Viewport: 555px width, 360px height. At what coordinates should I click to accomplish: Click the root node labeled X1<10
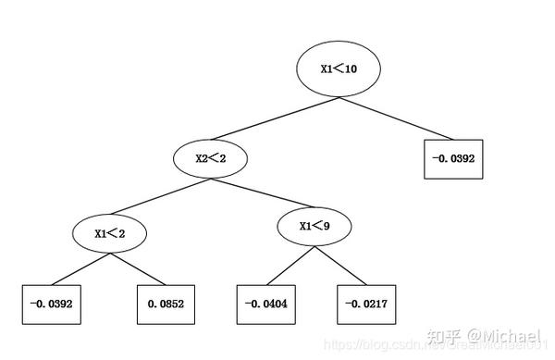click(x=339, y=68)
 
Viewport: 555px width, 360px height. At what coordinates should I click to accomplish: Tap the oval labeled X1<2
click(x=110, y=233)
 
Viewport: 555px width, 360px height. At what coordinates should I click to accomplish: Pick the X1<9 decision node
click(x=314, y=227)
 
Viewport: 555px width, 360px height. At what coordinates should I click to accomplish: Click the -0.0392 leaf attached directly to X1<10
click(x=453, y=158)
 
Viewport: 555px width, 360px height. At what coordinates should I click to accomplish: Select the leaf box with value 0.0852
click(x=166, y=304)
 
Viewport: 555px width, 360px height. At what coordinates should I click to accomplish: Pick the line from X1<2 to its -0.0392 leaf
click(x=80, y=270)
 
